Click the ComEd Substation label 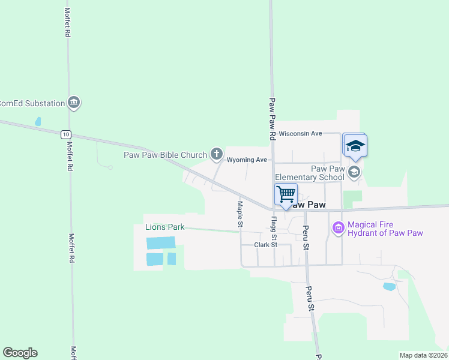(x=32, y=103)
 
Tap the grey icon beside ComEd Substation (x=74, y=103)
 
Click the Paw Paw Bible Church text (x=165, y=155)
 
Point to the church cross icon (x=216, y=154)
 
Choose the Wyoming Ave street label (x=246, y=160)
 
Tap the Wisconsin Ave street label (x=301, y=133)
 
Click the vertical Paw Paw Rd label (x=272, y=119)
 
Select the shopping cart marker (x=286, y=195)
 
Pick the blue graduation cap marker (x=355, y=146)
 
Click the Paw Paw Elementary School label (x=310, y=173)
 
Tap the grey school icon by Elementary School (x=354, y=173)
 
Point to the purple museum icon (x=338, y=228)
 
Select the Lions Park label (x=164, y=227)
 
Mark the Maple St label (x=240, y=214)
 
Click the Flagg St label (x=274, y=228)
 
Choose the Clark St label (x=265, y=245)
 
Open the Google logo (x=20, y=353)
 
